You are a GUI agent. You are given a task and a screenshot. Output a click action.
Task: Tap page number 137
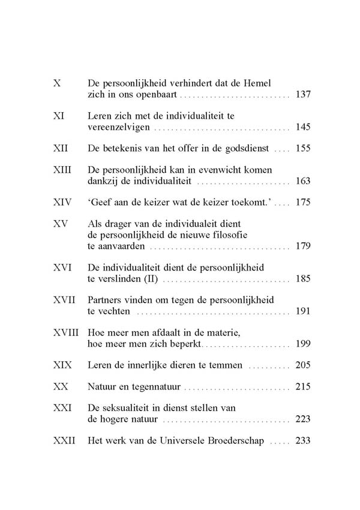(x=303, y=95)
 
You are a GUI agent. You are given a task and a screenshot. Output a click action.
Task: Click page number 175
(x=303, y=202)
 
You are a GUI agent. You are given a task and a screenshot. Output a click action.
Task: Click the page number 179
(x=303, y=246)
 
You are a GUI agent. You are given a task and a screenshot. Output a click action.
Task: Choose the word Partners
(x=106, y=299)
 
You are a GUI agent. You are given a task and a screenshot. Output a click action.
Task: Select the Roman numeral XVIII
(x=65, y=332)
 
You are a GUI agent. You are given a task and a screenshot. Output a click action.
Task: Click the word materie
(x=223, y=332)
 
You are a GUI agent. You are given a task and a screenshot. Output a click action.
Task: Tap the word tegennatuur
(x=158, y=386)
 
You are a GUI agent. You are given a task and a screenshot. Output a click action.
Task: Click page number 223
(x=303, y=419)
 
